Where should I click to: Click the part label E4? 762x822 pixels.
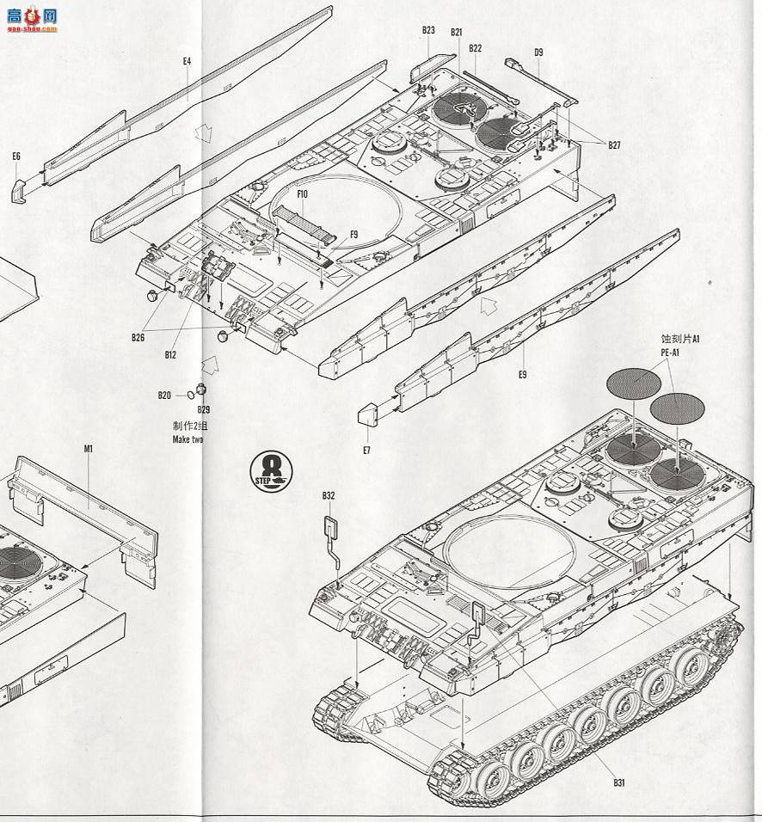[187, 61]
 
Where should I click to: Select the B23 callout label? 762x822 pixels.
[428, 30]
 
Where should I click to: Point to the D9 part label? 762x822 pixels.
[538, 52]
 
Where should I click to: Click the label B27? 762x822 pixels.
[614, 145]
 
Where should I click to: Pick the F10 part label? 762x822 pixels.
[302, 194]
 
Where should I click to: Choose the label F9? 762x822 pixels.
[353, 236]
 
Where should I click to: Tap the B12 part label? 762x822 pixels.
[170, 353]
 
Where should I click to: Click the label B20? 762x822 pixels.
[164, 395]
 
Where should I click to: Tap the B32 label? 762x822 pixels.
[329, 495]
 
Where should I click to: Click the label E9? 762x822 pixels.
[523, 375]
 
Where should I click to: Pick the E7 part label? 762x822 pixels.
[366, 450]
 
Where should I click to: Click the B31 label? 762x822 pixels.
[618, 782]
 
